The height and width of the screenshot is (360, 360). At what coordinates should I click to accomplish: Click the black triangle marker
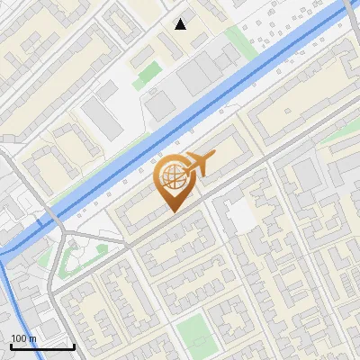pos(181,23)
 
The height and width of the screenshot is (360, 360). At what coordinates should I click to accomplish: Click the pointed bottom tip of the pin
pos(173,211)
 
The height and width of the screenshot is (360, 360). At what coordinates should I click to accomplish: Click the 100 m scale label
pos(24,338)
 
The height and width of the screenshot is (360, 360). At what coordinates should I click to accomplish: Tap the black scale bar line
pos(42,346)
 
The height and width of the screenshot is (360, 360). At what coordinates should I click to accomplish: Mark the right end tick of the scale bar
pos(74,345)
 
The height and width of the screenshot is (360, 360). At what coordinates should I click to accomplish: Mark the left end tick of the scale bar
pos(11,345)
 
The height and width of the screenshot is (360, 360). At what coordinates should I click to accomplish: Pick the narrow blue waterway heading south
pos(16,297)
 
